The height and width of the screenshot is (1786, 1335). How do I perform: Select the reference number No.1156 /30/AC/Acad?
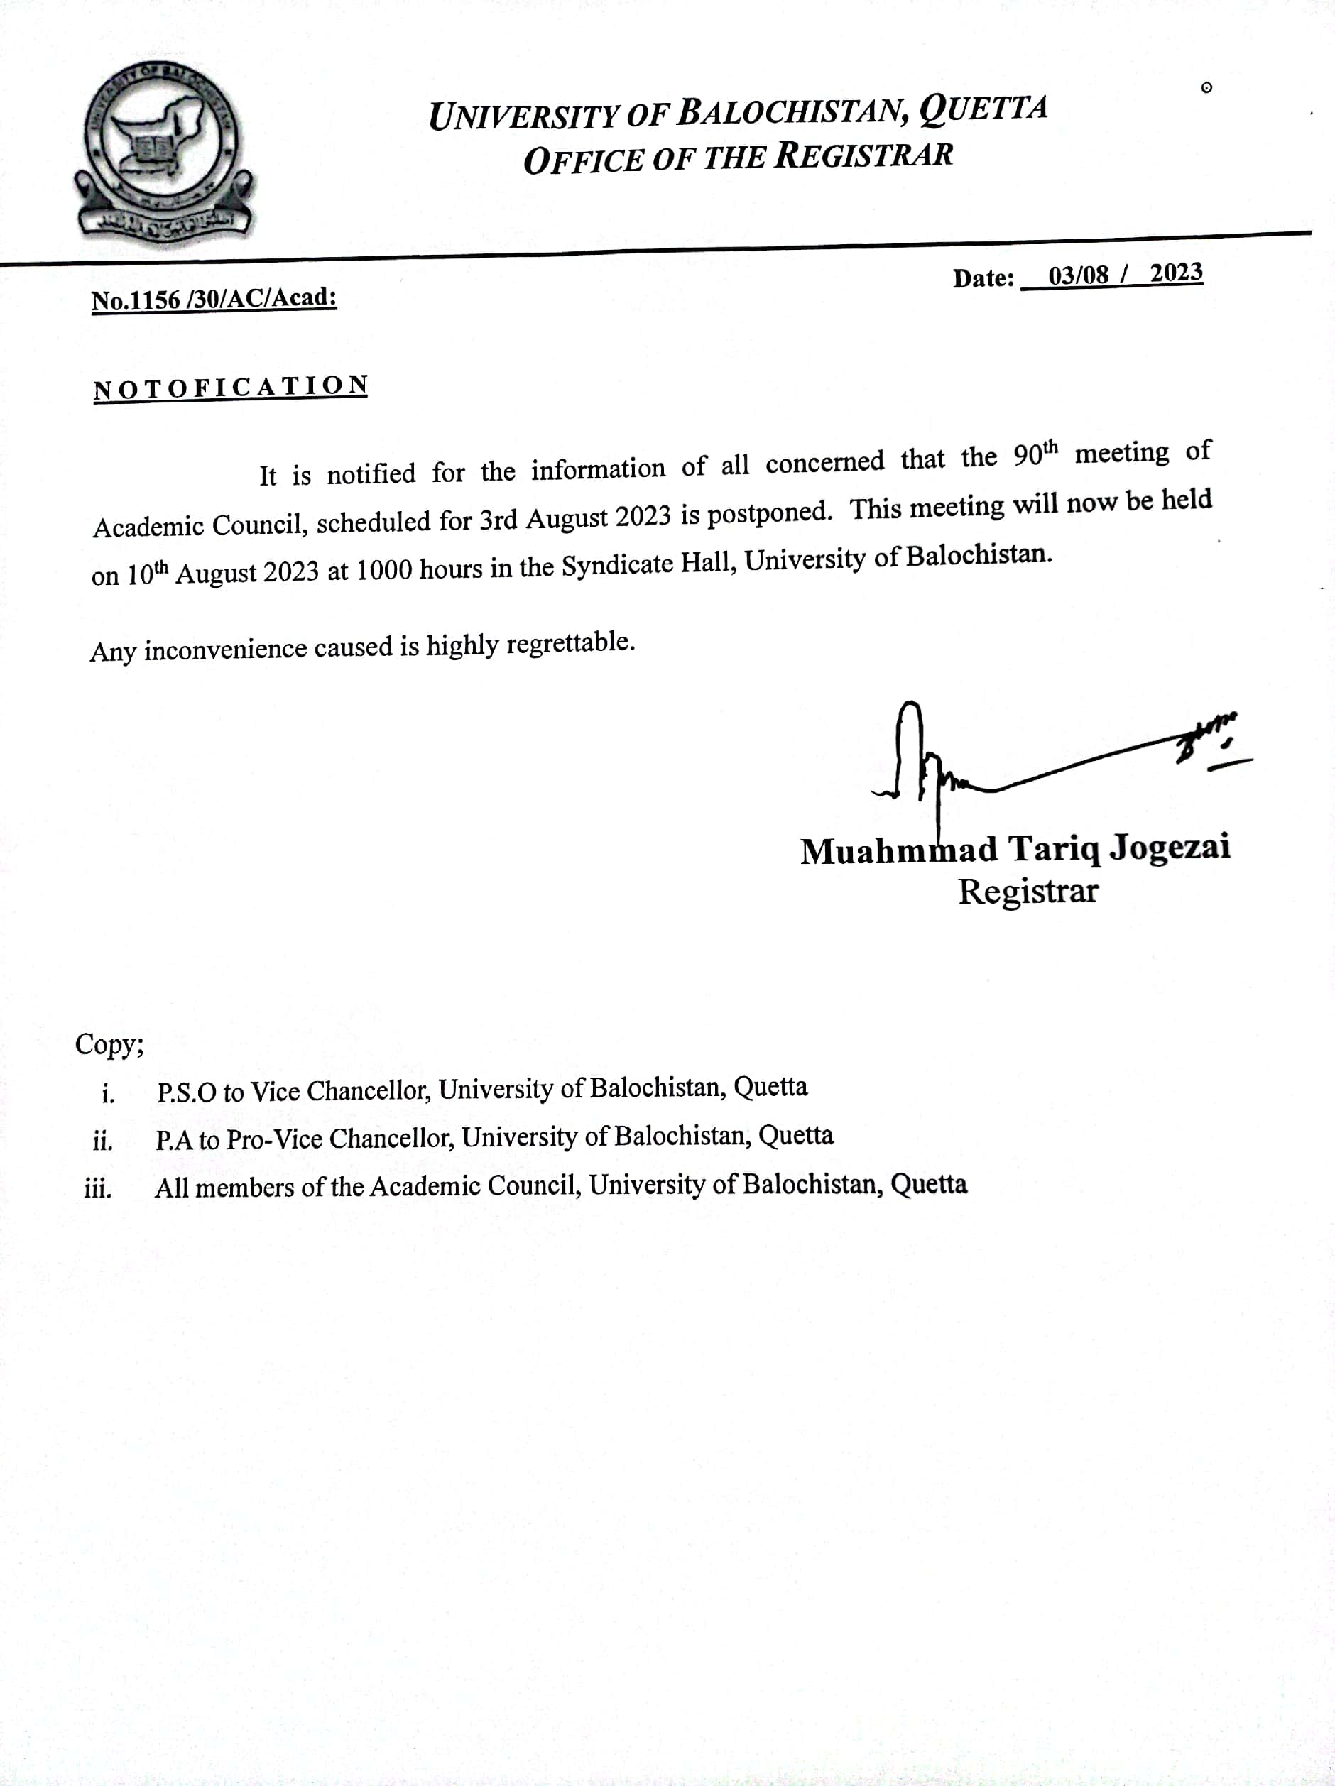point(214,299)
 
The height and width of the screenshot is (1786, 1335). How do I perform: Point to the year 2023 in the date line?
point(1176,273)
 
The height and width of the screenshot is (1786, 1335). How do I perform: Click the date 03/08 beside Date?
point(1078,275)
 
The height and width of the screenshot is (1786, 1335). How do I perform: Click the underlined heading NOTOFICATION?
point(231,388)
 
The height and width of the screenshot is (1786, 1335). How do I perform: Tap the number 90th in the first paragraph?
point(1035,454)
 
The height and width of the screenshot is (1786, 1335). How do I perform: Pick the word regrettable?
point(570,642)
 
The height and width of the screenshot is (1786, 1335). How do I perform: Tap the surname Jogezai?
point(1170,847)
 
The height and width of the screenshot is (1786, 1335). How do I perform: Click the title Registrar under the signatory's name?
point(1028,892)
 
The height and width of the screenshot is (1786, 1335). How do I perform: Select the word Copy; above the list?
point(110,1044)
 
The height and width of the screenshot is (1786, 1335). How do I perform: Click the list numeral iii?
point(98,1188)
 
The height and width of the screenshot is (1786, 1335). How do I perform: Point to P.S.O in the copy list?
point(187,1092)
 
